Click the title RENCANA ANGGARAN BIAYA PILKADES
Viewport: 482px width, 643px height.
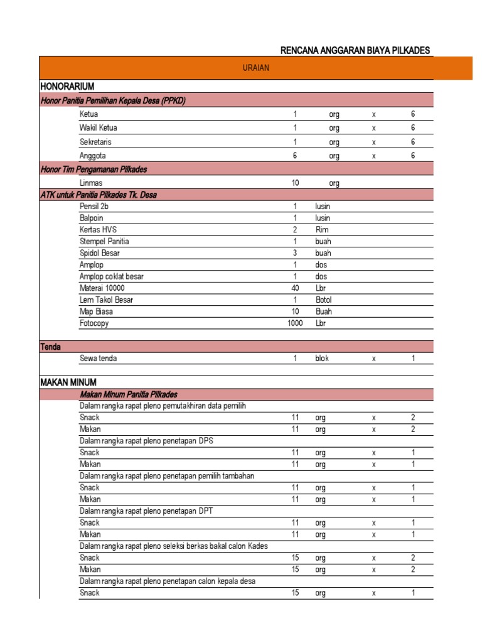(355, 50)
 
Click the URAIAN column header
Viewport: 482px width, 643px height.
(255, 68)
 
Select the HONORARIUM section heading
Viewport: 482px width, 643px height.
(67, 86)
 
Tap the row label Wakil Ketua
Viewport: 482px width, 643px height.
(98, 128)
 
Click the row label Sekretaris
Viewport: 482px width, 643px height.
(95, 142)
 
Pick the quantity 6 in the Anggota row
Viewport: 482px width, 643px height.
(294, 156)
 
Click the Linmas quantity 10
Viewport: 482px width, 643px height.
(295, 183)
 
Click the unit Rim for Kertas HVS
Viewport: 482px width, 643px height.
(322, 230)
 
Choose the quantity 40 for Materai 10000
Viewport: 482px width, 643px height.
(295, 288)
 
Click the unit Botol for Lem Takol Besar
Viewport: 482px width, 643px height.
(324, 300)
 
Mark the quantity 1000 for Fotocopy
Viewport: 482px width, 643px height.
(295, 323)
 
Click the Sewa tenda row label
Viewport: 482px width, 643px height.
(98, 359)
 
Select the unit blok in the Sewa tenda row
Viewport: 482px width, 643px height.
(322, 359)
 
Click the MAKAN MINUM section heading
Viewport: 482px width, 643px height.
(68, 382)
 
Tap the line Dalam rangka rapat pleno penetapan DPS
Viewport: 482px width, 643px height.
(146, 441)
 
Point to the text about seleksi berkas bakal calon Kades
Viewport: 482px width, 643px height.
(173, 546)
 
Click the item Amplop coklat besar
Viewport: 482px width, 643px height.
(112, 277)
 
